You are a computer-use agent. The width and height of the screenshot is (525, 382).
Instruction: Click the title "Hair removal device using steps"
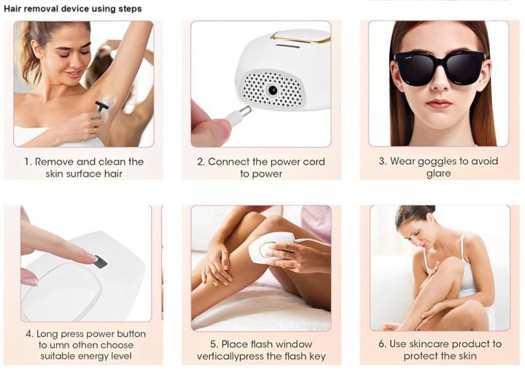(72, 9)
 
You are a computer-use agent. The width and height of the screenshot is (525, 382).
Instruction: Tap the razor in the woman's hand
(102, 109)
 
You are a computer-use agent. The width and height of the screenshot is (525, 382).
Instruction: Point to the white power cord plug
(238, 115)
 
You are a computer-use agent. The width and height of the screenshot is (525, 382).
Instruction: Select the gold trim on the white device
(299, 36)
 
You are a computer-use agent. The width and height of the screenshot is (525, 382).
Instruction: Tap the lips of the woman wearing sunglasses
(439, 104)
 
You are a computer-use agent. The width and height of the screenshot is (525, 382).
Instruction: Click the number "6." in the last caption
(381, 344)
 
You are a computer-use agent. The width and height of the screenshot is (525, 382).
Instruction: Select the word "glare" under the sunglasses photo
(438, 174)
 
